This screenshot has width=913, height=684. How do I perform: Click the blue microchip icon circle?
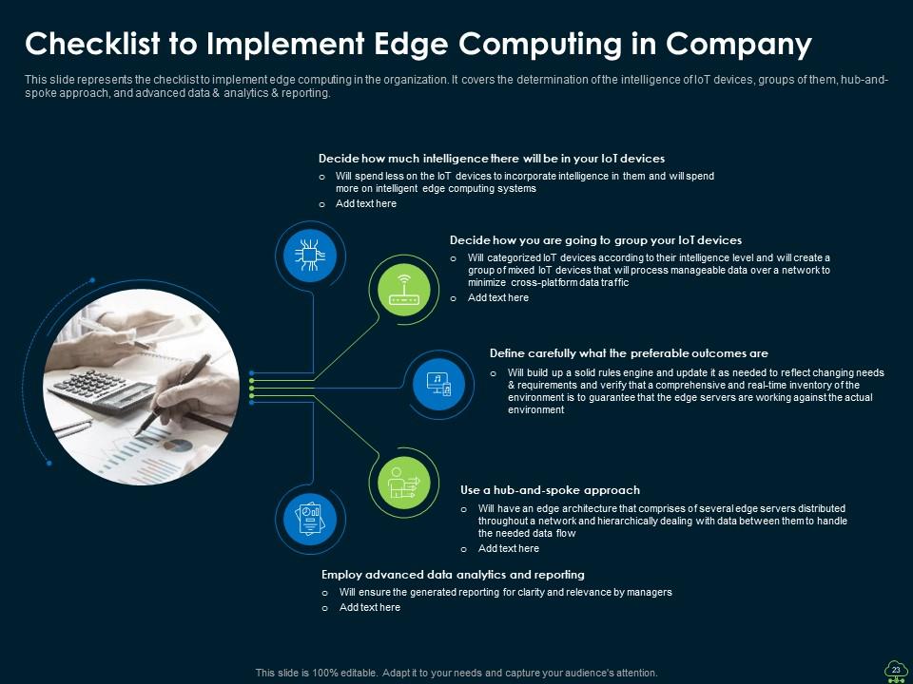pos(309,254)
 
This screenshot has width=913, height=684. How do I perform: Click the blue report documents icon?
pos(309,518)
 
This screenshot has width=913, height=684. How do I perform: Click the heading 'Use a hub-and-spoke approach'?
pos(550,490)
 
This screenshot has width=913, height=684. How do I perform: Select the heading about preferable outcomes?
pos(629,353)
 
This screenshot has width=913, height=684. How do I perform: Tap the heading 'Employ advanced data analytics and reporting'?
pos(453,575)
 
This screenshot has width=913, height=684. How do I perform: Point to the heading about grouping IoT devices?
pos(595,240)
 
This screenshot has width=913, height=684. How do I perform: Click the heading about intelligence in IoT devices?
pos(491,159)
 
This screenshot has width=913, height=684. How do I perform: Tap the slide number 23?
pos(895,670)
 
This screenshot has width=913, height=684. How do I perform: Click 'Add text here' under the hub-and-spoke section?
pos(508,549)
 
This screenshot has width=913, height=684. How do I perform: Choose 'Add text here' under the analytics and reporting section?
pos(369,608)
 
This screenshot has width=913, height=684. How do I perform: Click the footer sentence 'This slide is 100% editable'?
pos(456,673)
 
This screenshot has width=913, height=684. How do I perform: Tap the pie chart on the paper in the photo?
pos(176,445)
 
